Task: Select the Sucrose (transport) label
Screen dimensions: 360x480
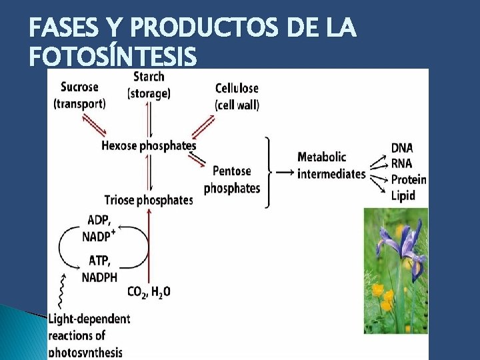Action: (79, 95)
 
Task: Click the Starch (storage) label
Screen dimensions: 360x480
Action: (149, 85)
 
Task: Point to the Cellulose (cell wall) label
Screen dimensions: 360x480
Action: (237, 96)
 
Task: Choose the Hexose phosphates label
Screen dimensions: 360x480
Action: (149, 145)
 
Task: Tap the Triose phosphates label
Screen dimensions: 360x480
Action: (149, 199)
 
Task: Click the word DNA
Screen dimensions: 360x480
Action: (401, 148)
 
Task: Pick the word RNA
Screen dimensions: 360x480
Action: (401, 164)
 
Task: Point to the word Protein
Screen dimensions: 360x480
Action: (408, 179)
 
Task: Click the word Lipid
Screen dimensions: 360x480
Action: (403, 195)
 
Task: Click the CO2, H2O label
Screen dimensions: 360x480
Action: (149, 291)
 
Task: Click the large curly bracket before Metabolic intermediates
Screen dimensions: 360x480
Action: (268, 173)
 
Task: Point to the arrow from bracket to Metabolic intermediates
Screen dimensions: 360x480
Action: (284, 173)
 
